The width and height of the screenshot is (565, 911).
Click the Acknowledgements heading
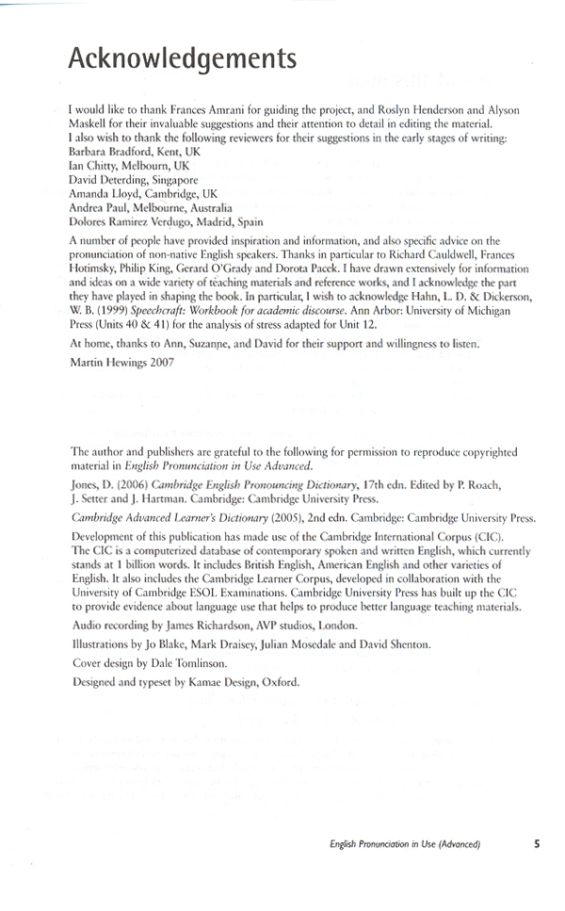pyautogui.click(x=183, y=58)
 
